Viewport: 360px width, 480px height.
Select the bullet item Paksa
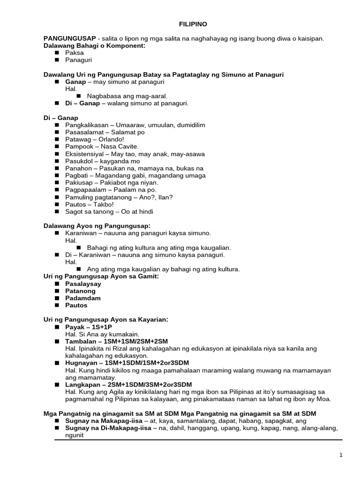point(75,53)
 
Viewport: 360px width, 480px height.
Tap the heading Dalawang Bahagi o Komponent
point(94,45)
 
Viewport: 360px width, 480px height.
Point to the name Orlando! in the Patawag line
point(111,139)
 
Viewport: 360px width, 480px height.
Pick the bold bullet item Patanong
point(80,291)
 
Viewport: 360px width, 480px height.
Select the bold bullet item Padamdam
point(83,298)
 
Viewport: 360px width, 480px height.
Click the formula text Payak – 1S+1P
point(89,327)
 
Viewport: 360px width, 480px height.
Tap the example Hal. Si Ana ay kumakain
point(102,334)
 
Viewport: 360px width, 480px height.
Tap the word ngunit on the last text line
point(75,435)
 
